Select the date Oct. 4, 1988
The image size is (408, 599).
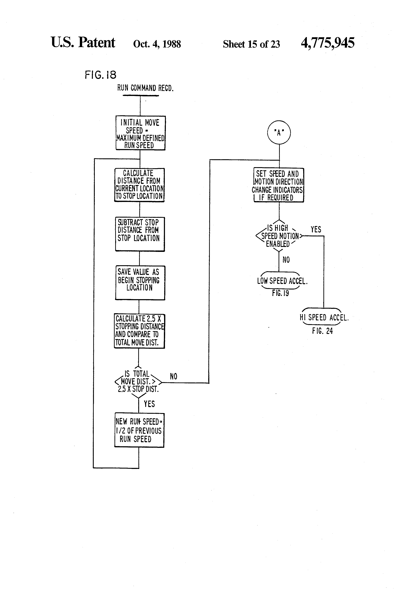157,44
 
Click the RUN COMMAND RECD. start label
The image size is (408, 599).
145,88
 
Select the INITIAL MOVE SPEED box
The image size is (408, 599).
140,133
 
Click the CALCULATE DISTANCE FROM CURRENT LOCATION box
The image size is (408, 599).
139,185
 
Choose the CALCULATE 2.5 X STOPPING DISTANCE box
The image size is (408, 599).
139,331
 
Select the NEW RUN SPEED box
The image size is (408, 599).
139,430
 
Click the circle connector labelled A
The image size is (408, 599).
279,133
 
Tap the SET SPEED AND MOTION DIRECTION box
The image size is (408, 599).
279,185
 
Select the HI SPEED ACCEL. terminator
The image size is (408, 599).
324,317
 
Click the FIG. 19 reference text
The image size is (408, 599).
280,293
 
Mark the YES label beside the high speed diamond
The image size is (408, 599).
316,229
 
